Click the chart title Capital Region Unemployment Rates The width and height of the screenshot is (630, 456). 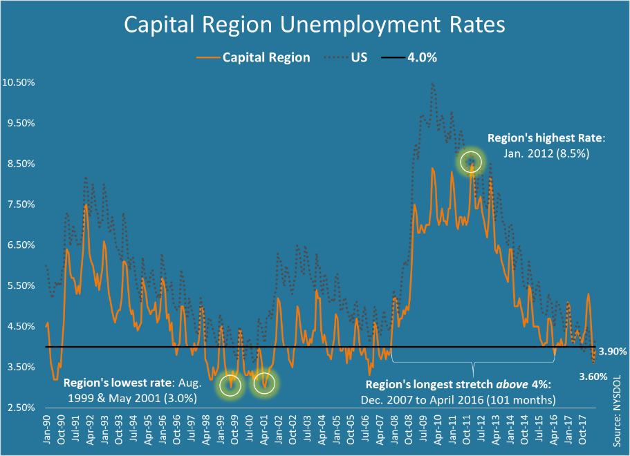315,26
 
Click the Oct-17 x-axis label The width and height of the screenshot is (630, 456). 583,428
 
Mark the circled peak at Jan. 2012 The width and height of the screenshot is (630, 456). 471,162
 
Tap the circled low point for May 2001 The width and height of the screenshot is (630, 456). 263,382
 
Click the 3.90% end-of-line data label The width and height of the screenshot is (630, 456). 613,352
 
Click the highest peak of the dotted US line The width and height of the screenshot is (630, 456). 433,84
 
